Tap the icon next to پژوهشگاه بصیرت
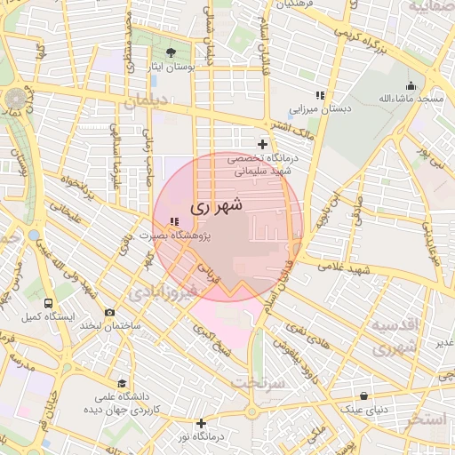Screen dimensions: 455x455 [172, 221]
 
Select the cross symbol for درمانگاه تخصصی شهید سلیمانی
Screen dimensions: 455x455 [262, 144]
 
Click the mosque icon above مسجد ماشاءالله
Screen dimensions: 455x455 [410, 86]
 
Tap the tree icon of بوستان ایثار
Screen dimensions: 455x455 [172, 53]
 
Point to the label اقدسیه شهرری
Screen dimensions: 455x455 [393, 337]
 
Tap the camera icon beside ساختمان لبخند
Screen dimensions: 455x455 [109, 312]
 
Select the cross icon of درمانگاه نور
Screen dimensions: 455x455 [202, 423]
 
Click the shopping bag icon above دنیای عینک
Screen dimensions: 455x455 [364, 396]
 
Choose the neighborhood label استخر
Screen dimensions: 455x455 [427, 419]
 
